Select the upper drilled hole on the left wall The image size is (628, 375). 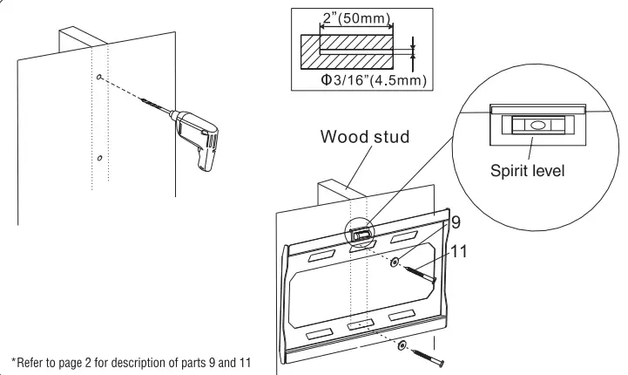[102, 78]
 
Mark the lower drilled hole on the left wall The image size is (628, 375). [100, 158]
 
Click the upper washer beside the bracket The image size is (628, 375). [396, 262]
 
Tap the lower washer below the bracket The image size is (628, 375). [402, 346]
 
